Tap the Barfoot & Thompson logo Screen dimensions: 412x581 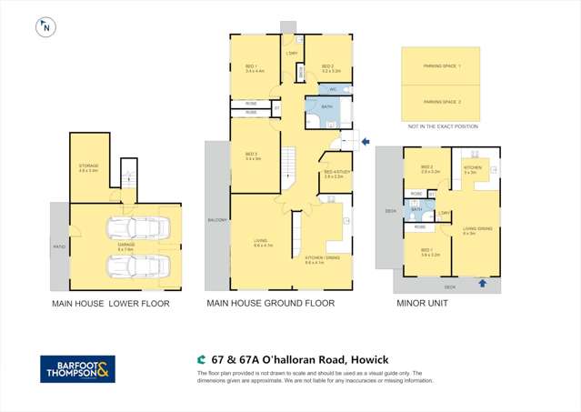click(77, 369)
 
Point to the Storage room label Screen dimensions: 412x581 click(88, 167)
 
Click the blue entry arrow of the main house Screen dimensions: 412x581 click(365, 141)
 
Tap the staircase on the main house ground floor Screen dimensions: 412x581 click(290, 166)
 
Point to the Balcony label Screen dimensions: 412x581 click(217, 220)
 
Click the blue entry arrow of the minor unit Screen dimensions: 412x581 click(482, 284)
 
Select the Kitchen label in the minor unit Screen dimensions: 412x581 click(474, 169)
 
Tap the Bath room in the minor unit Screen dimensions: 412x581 click(416, 210)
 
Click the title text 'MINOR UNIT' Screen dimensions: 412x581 click(422, 304)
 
